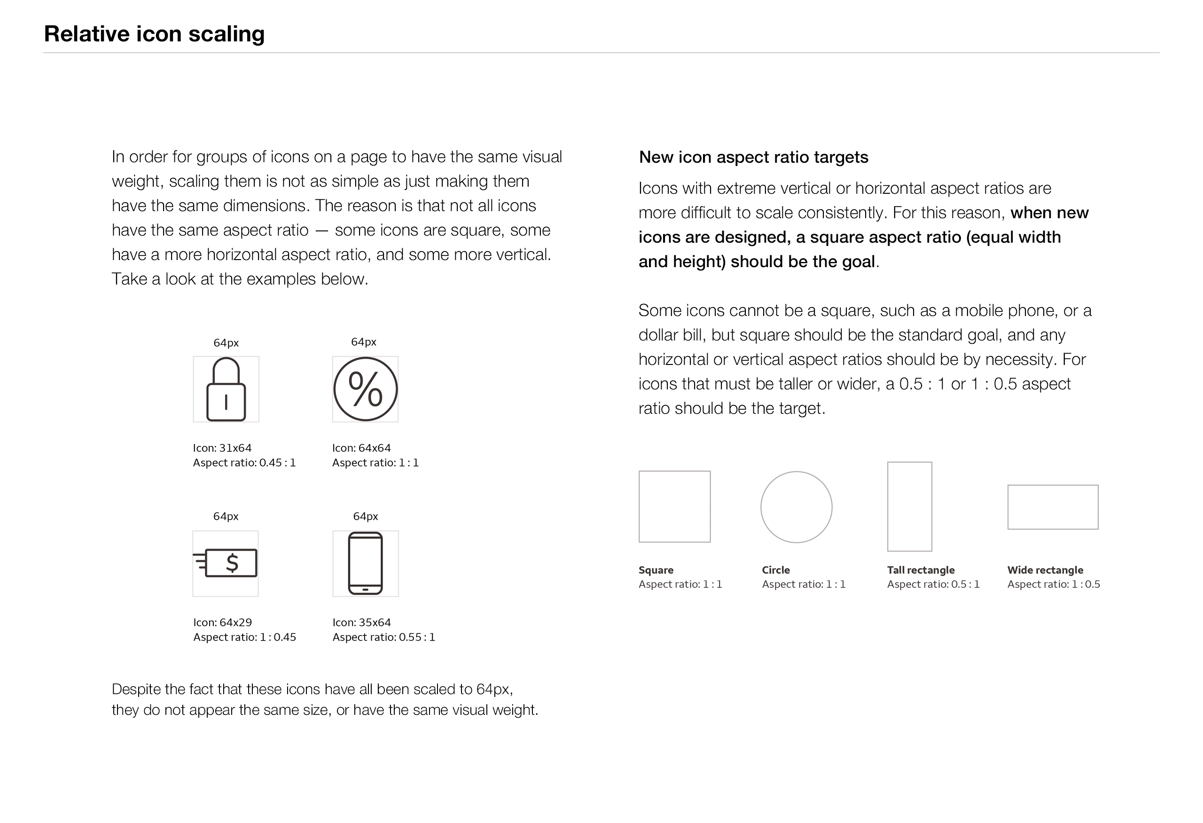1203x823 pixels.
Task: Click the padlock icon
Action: [226, 389]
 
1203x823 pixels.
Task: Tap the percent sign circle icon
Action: [365, 389]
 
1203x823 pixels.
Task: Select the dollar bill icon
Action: [226, 563]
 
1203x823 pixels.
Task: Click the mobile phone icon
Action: [366, 563]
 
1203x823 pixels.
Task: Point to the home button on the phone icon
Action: [366, 589]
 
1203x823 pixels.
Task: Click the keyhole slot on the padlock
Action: [226, 402]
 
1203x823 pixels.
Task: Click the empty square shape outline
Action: [674, 506]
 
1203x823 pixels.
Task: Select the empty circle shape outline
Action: [796, 507]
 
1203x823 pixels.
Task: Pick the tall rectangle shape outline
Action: [909, 506]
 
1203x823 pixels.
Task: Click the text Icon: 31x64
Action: [222, 448]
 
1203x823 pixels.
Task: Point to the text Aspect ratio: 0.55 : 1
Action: [383, 637]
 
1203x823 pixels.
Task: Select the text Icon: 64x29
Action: [223, 623]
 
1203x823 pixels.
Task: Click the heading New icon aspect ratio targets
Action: [753, 157]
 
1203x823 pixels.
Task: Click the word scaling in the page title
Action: [226, 34]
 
